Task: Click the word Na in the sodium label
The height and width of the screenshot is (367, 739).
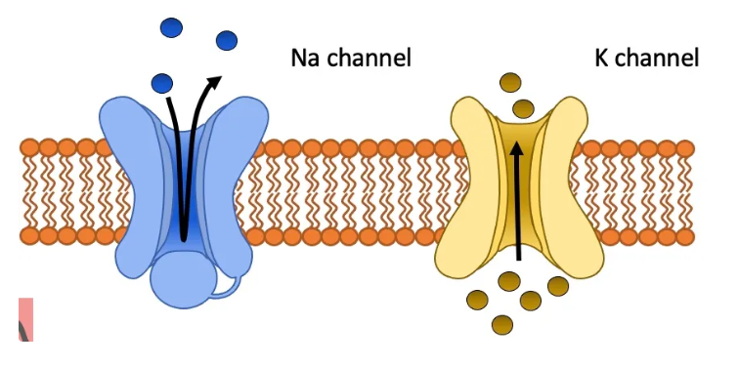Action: pos(304,58)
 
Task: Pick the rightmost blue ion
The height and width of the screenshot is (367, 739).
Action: pos(227,40)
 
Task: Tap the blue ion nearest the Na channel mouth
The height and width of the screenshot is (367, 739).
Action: pos(162,82)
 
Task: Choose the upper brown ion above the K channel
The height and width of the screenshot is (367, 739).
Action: pos(510,83)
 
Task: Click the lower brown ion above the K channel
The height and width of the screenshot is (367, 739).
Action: pos(523,107)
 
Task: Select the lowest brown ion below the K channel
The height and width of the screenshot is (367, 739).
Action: pos(502,323)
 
